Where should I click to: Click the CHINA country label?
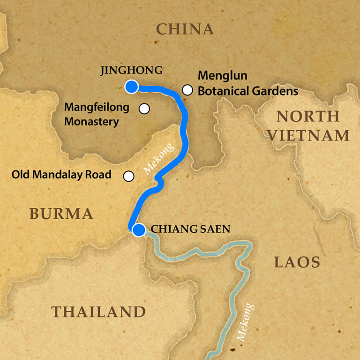tap(185, 29)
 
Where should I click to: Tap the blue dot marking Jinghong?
tap(131, 87)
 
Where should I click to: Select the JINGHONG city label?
tap(132, 71)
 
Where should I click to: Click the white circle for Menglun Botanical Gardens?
tap(187, 90)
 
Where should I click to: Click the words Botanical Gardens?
tap(248, 91)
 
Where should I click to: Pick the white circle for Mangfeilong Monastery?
tap(144, 109)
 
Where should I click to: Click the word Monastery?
tap(92, 121)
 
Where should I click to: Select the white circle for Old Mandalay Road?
tap(128, 176)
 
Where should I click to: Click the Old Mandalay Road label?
tap(61, 175)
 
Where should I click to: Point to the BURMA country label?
tap(61, 214)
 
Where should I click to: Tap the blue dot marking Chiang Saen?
tap(139, 230)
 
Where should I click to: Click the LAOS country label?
tap(297, 262)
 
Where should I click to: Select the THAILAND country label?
tap(98, 312)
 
